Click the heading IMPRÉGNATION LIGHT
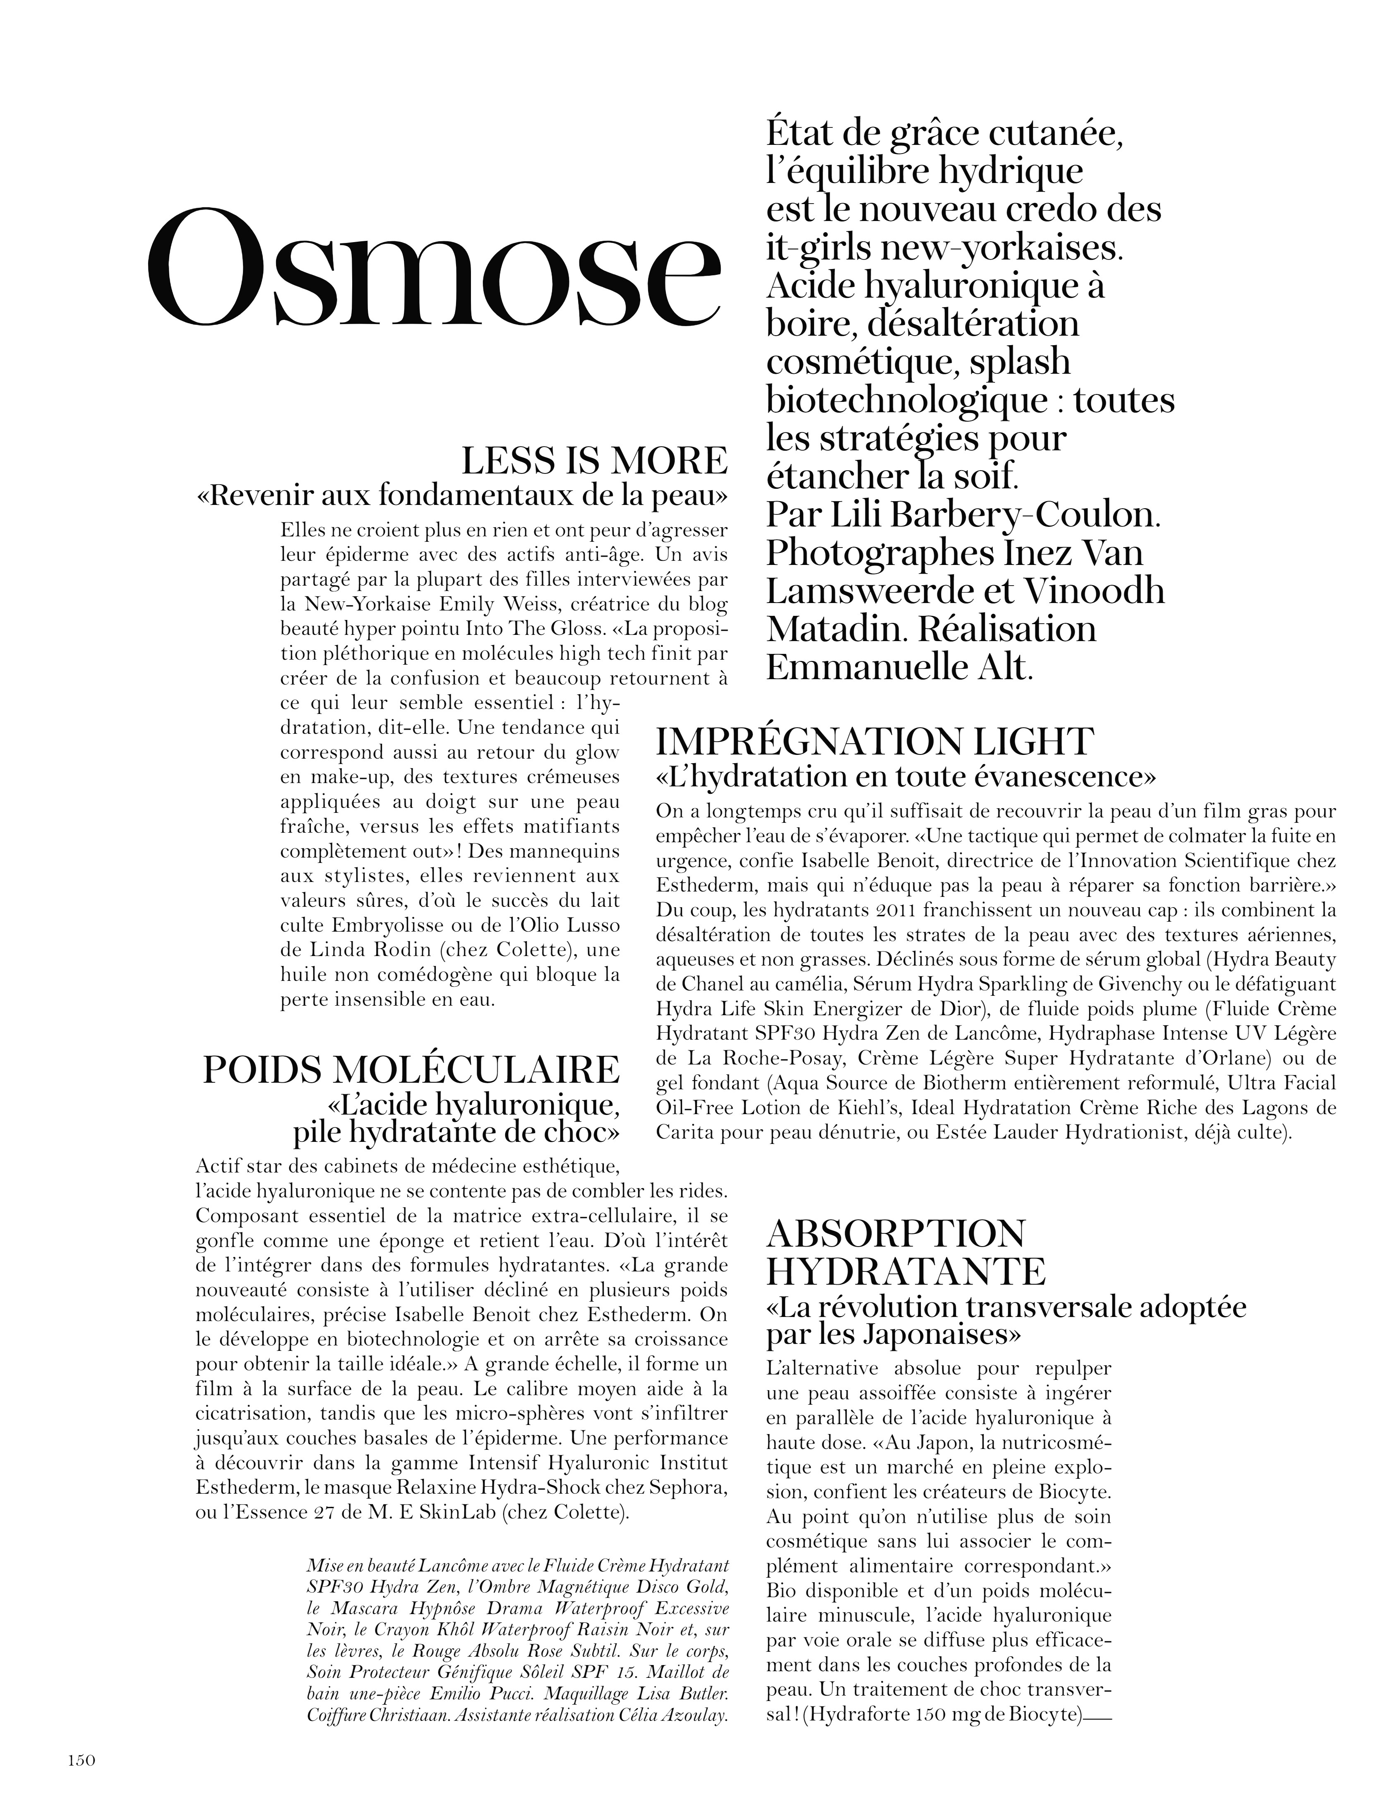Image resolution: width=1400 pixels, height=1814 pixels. tap(874, 741)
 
